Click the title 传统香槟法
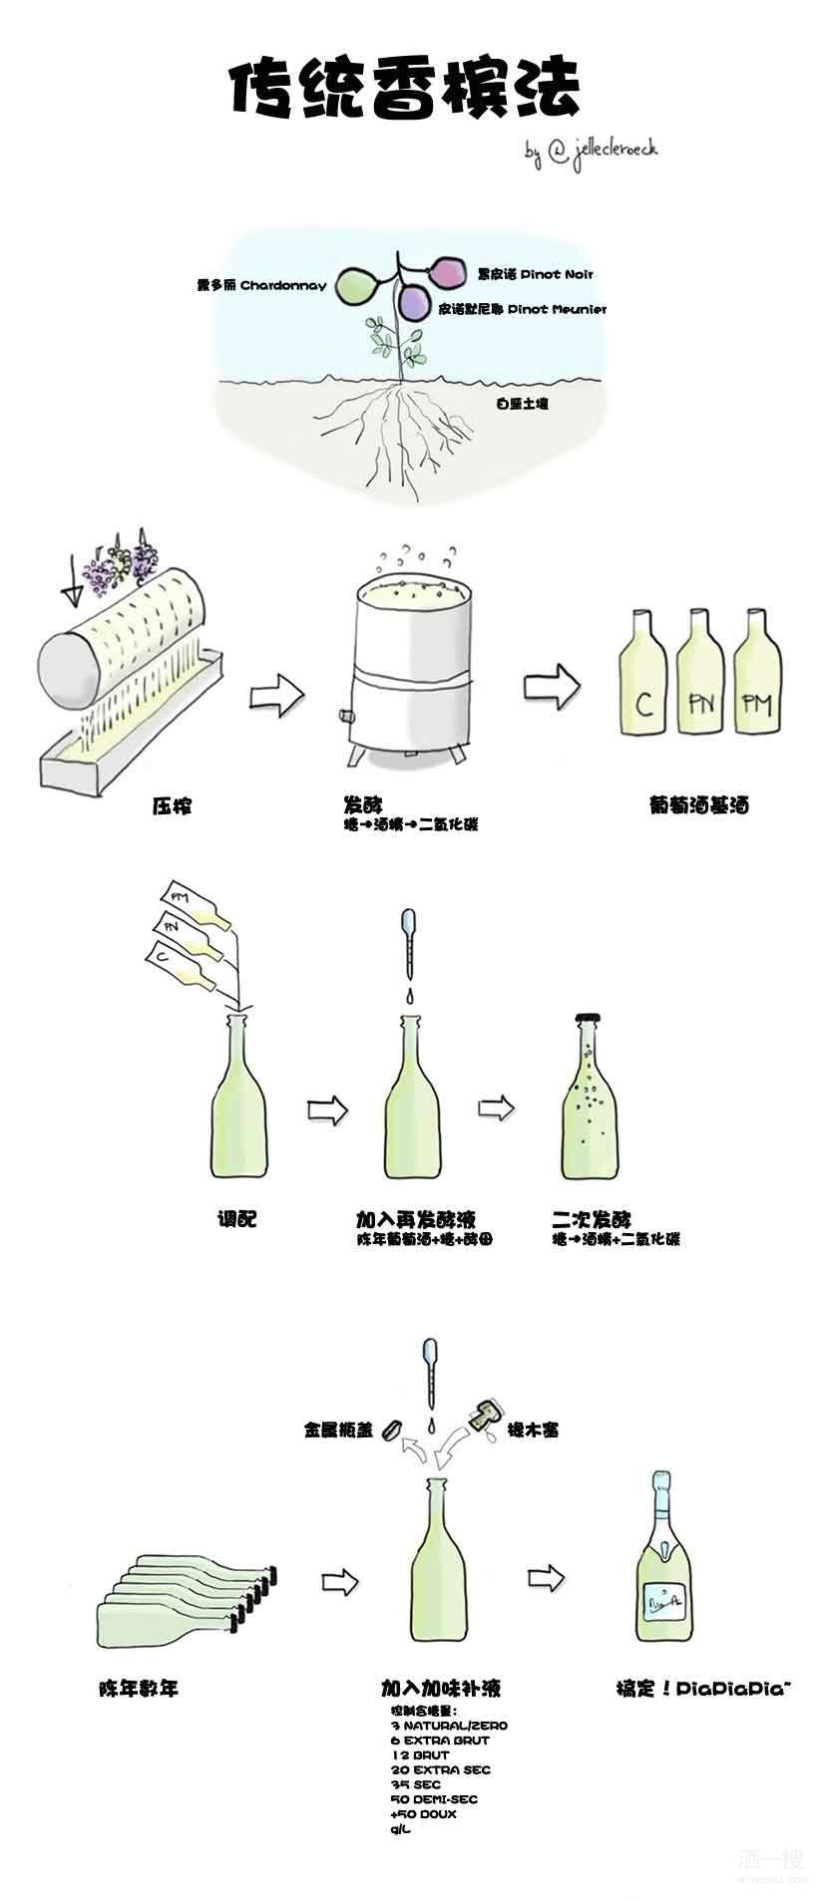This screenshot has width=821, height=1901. (404, 92)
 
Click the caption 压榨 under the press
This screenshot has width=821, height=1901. (171, 805)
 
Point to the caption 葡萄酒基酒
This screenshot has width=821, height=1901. (697, 805)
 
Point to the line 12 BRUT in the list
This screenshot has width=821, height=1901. (420, 1754)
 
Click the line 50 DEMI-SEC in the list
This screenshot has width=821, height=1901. (434, 1799)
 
